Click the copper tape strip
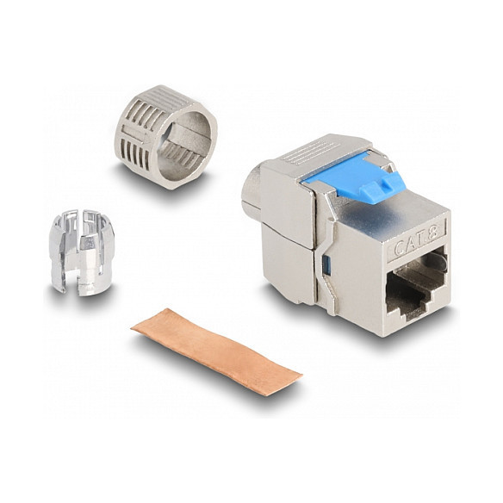216,350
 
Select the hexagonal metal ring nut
166,137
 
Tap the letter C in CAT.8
400,248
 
